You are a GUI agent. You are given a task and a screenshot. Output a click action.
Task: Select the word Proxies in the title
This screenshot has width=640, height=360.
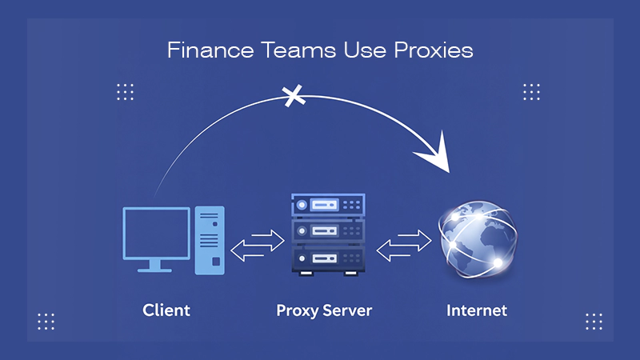(433, 50)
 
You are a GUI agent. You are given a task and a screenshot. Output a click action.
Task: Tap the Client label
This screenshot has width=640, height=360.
(166, 309)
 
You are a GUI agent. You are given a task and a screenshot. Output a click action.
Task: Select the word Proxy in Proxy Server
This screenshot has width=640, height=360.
(296, 310)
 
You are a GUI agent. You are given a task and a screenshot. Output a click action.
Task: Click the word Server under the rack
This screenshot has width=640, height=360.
(347, 309)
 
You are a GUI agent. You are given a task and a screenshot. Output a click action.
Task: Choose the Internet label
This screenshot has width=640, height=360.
(477, 309)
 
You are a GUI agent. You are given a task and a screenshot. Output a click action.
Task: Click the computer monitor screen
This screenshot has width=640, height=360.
(157, 233)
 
